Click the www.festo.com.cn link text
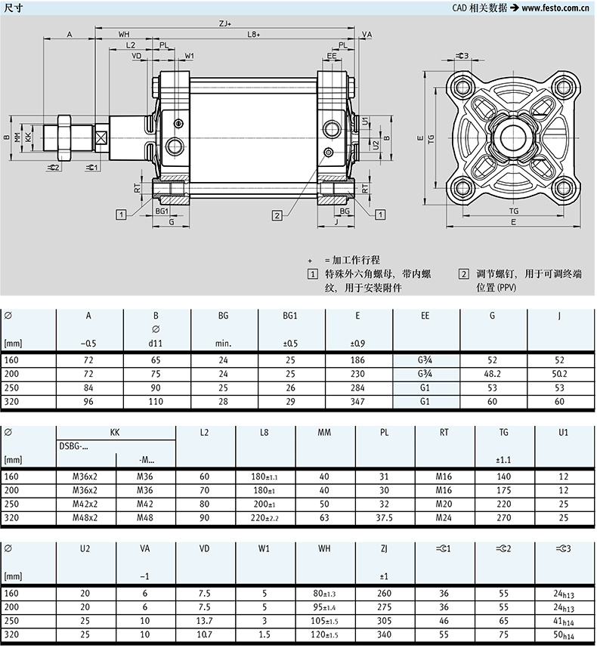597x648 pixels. [x=555, y=8]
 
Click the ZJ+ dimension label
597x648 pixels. [x=225, y=24]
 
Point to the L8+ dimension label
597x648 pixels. [x=254, y=35]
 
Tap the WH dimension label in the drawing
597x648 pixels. [x=124, y=35]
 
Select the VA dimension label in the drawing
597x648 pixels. [x=367, y=35]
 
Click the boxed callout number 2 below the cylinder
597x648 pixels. [x=277, y=215]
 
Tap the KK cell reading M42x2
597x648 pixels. [x=86, y=503]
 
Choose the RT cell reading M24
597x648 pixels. [x=444, y=517]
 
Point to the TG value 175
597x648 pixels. [x=504, y=489]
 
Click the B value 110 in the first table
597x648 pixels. [x=155, y=401]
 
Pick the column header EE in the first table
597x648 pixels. [x=425, y=316]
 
